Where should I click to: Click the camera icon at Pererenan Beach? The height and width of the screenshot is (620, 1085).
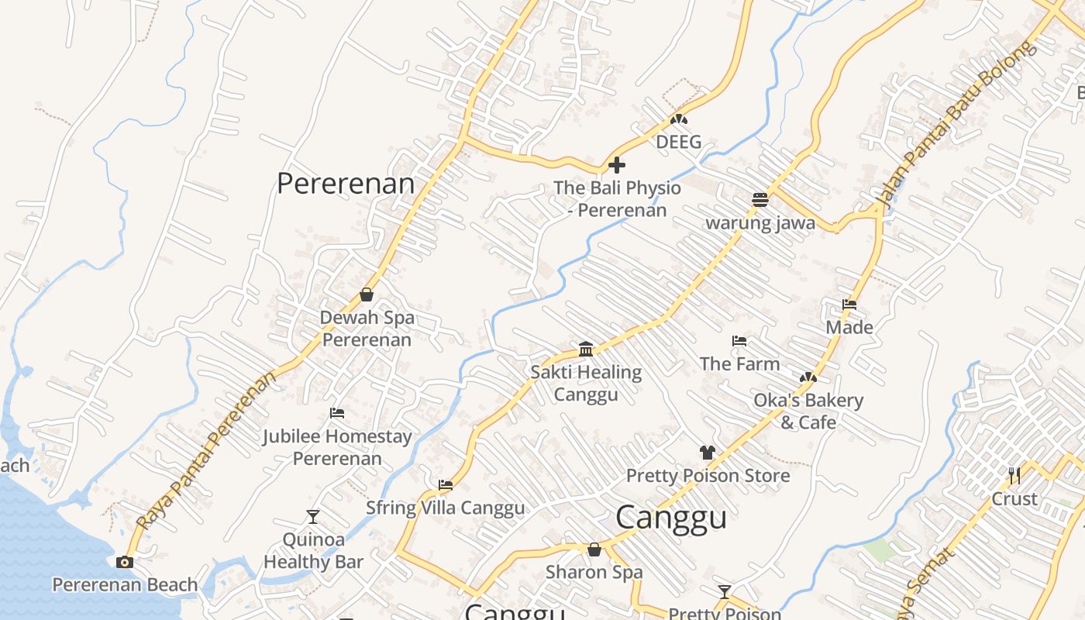click(124, 562)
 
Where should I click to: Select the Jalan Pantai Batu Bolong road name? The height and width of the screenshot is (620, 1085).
click(956, 124)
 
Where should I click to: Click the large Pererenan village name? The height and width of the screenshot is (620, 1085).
click(346, 184)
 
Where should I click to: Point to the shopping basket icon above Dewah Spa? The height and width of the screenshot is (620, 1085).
click(367, 294)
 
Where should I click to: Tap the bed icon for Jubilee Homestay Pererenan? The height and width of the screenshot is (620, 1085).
click(337, 412)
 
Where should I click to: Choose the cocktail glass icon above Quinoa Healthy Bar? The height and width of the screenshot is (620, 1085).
click(313, 517)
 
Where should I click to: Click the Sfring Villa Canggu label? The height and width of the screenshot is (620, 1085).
click(445, 508)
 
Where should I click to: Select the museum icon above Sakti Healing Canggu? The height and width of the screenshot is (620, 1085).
click(586, 349)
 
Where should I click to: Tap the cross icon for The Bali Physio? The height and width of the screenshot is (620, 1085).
click(617, 165)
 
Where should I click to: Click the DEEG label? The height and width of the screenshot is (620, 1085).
click(678, 142)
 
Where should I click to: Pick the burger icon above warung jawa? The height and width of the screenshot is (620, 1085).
click(759, 200)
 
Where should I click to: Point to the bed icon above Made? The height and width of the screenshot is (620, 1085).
click(849, 305)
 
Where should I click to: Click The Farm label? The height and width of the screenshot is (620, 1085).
click(739, 363)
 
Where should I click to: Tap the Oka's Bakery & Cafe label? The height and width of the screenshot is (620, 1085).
click(808, 411)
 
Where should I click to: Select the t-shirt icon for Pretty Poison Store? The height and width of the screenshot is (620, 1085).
click(707, 453)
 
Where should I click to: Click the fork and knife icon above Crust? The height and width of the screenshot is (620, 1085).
click(1014, 475)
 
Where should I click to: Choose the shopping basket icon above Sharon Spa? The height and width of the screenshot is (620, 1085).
click(594, 549)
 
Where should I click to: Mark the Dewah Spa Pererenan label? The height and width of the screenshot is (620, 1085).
click(367, 329)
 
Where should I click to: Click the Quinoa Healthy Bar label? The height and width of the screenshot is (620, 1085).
click(313, 550)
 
